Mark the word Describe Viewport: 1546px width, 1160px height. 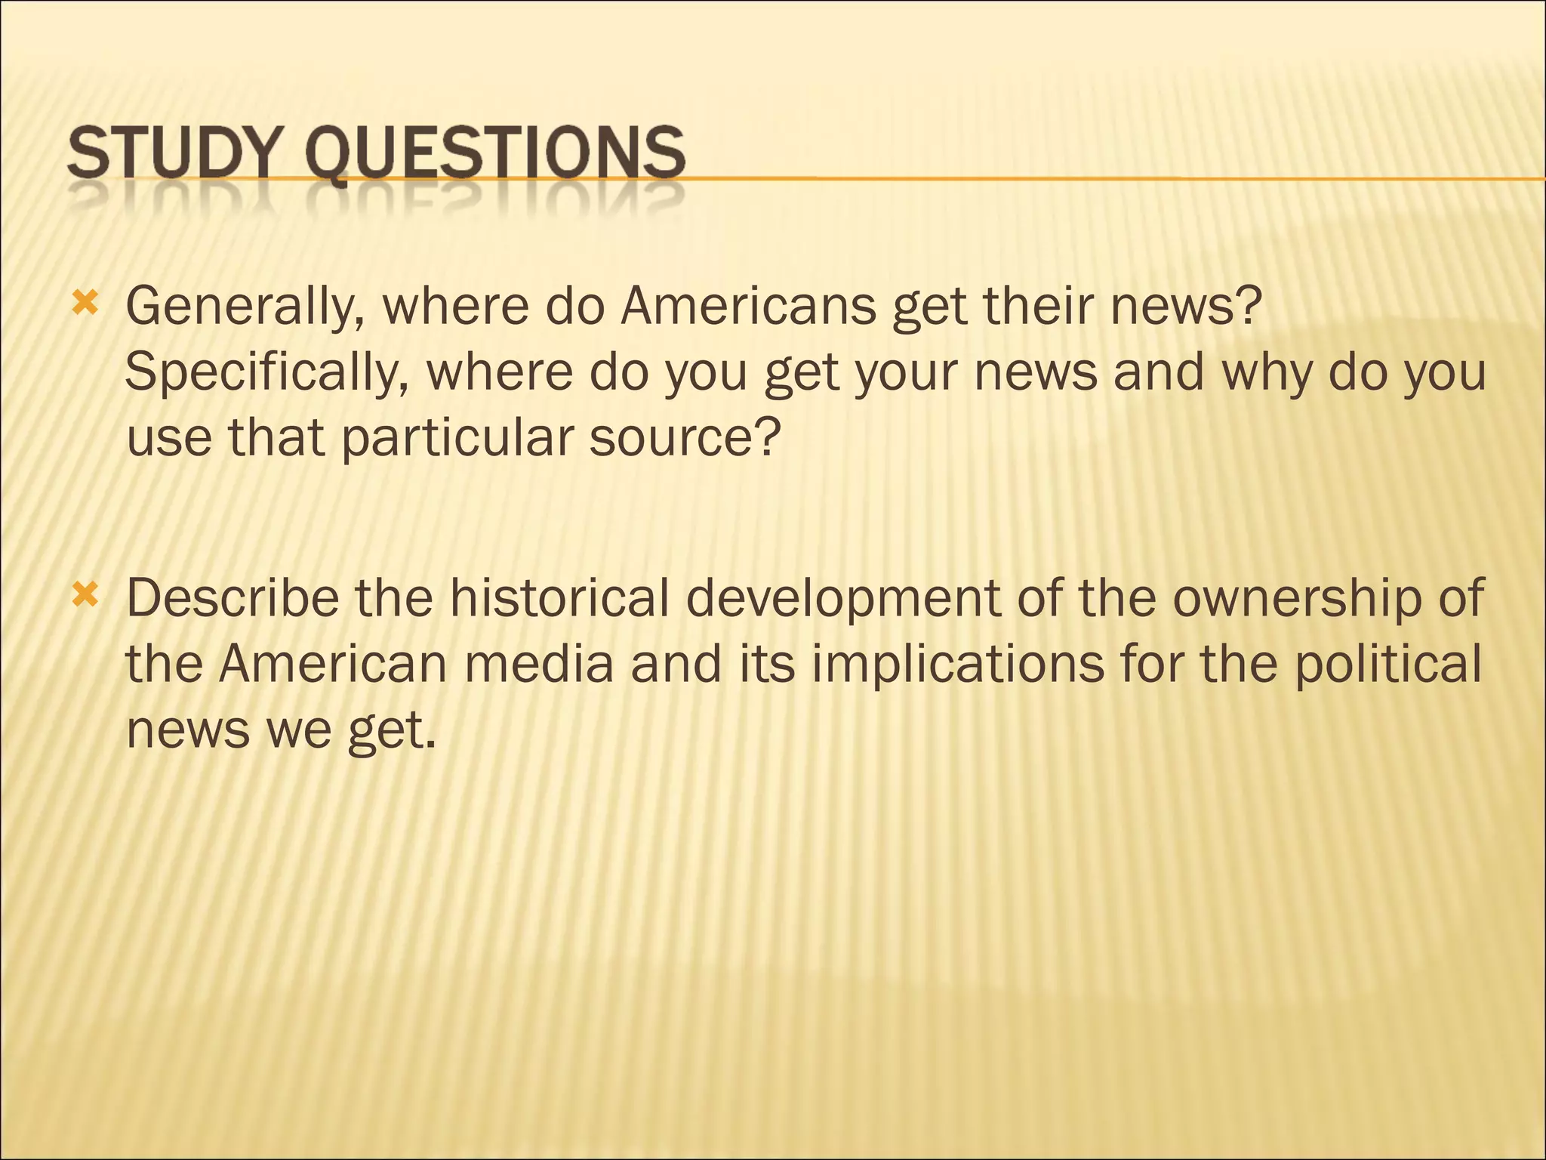[x=233, y=598]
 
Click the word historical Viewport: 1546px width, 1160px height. [x=559, y=598]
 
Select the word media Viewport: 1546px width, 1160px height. [x=538, y=664]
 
